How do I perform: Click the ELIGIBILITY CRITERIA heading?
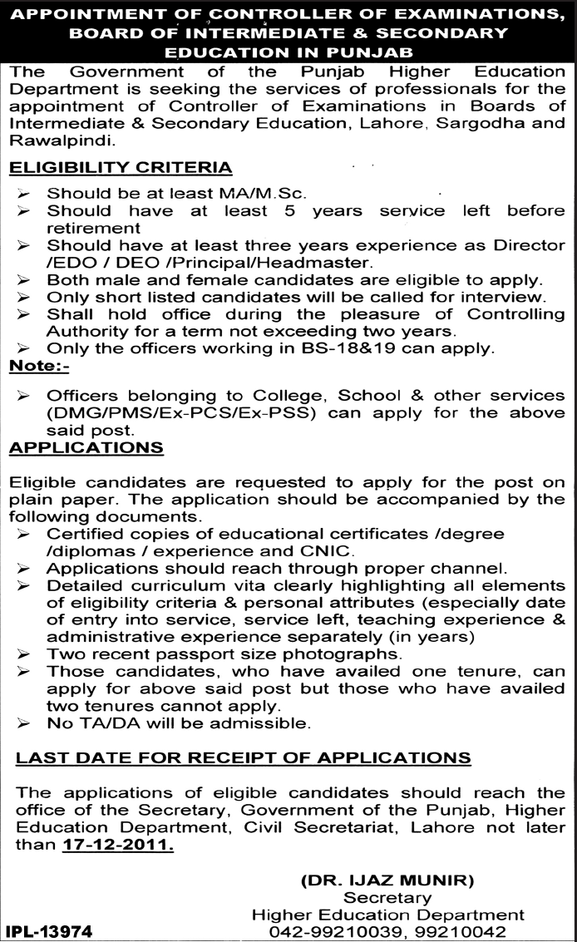pos(120,168)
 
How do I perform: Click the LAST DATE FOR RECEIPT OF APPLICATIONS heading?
pos(244,757)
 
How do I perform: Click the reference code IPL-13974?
pos(50,932)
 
